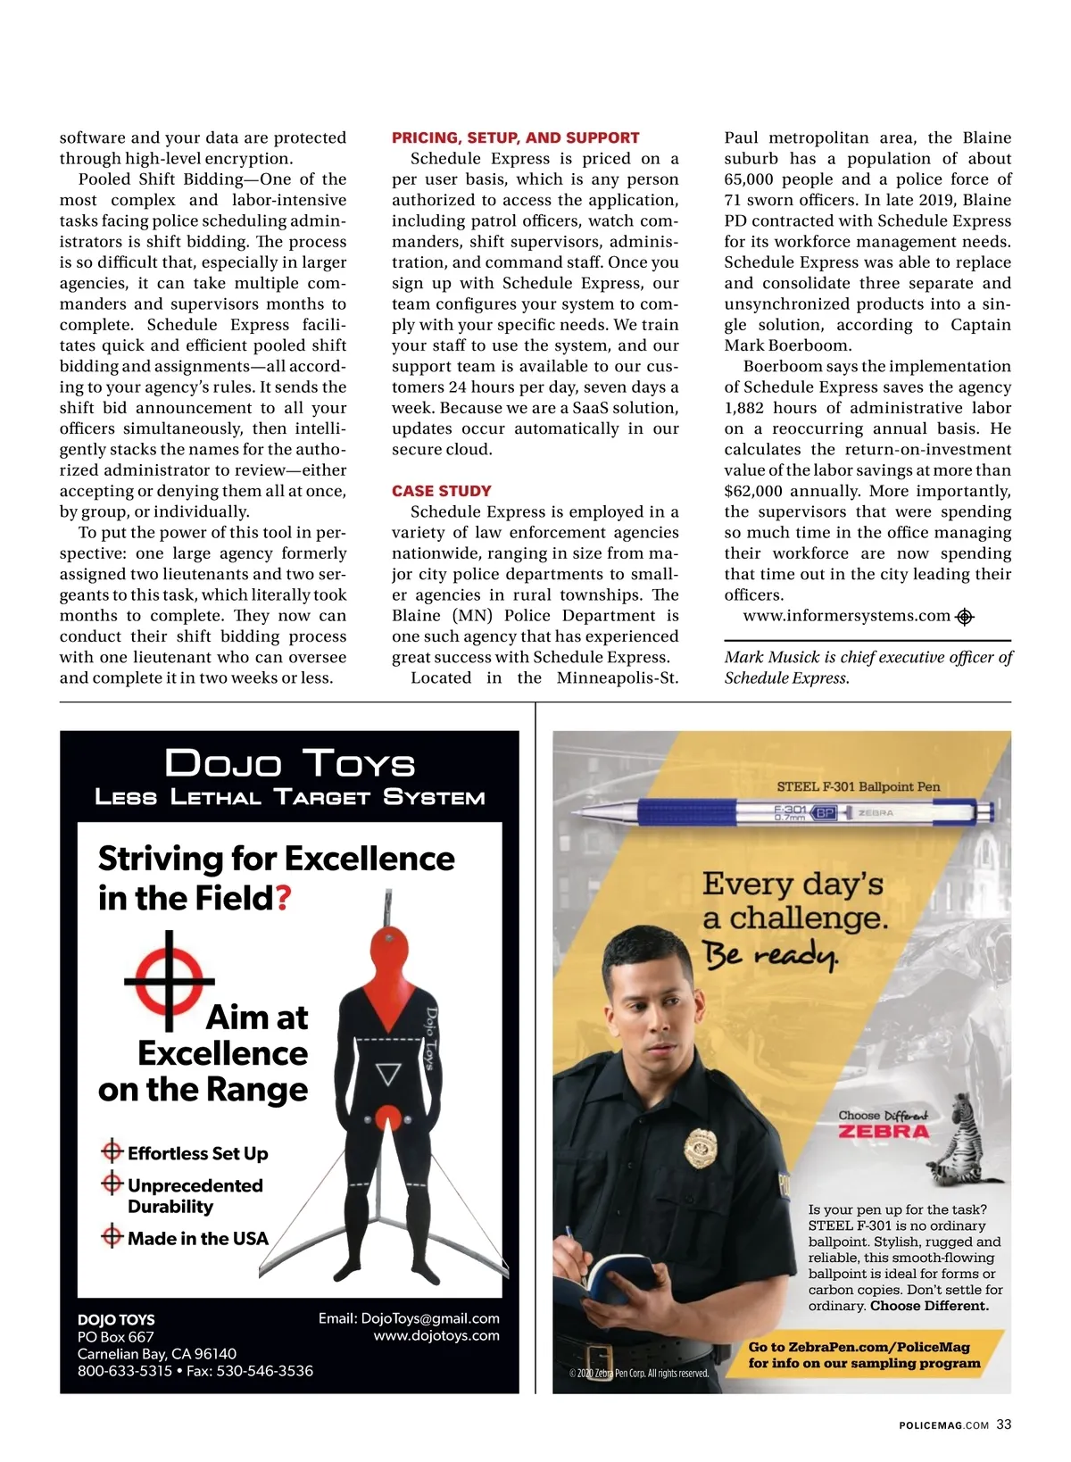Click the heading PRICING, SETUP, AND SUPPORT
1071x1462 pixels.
515,137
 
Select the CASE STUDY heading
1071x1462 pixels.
441,491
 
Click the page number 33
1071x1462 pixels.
1003,1425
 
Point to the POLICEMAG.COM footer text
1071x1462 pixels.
943,1425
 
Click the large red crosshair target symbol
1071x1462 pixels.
169,980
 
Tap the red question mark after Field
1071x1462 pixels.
284,898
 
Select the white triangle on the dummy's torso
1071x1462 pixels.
387,1074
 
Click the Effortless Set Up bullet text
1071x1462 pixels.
197,1153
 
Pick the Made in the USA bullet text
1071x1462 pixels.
197,1239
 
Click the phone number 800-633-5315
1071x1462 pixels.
125,1371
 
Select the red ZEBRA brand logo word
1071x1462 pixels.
884,1132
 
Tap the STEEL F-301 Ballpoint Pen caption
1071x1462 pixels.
858,786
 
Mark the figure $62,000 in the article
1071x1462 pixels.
754,491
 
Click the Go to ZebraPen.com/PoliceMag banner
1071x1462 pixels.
863,1355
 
